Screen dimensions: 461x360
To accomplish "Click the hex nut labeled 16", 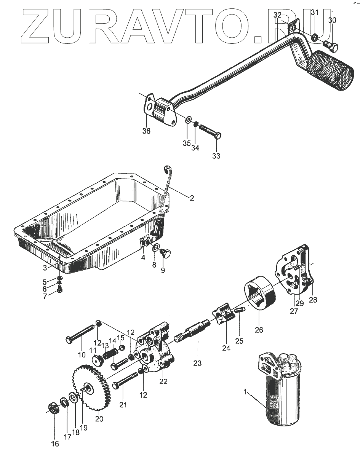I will [x=53, y=409].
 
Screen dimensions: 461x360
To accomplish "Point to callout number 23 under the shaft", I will [x=197, y=363].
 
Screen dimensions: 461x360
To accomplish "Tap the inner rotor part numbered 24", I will [x=223, y=316].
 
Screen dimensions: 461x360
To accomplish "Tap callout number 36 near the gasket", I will [x=146, y=131].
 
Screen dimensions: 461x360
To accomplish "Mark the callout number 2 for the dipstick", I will [x=192, y=198].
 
